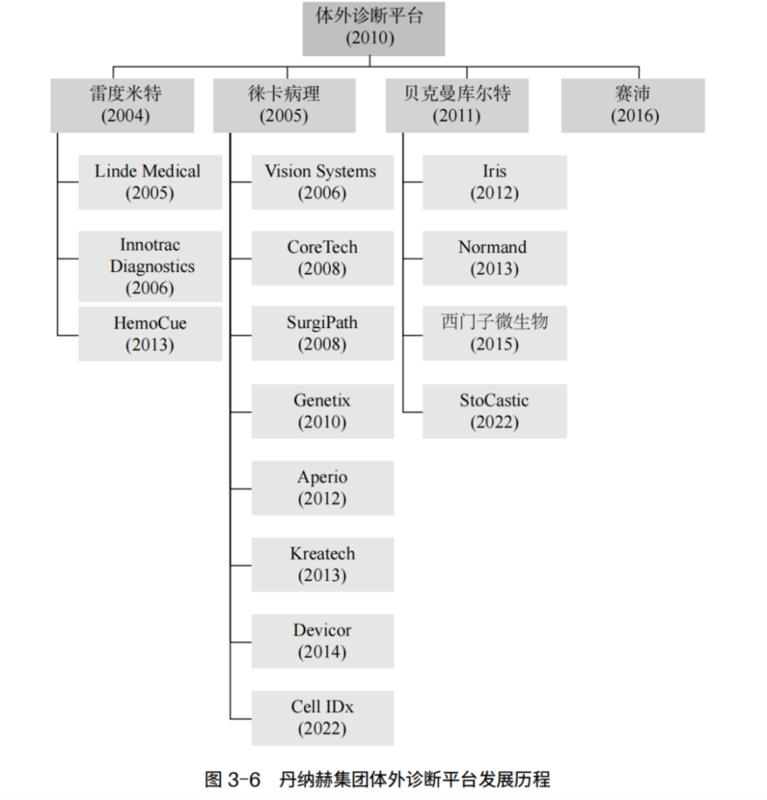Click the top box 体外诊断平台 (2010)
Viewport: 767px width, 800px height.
(374, 29)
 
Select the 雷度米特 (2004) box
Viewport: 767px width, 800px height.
(122, 105)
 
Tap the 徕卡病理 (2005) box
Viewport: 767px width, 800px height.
(284, 105)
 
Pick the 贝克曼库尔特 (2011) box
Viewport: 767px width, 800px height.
(457, 105)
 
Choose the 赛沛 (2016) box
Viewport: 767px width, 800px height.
(633, 105)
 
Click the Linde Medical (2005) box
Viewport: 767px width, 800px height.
(150, 182)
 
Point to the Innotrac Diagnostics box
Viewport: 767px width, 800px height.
(150, 266)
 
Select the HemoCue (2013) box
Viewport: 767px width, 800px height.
(150, 334)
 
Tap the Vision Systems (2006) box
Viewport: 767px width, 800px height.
(322, 182)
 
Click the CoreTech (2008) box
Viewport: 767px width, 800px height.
(322, 258)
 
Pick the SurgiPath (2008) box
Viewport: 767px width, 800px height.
(322, 334)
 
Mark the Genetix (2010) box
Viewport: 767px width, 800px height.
(322, 412)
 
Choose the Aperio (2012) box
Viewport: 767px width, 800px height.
(322, 488)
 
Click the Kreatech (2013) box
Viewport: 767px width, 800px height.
(322, 565)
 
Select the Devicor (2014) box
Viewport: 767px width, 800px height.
(322, 642)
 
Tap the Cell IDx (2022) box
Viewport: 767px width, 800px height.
(322, 718)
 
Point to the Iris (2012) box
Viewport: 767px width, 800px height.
(494, 182)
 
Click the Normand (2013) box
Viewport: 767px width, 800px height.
(494, 258)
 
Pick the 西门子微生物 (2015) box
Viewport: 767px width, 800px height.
(494, 334)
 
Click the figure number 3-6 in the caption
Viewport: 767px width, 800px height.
(244, 779)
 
